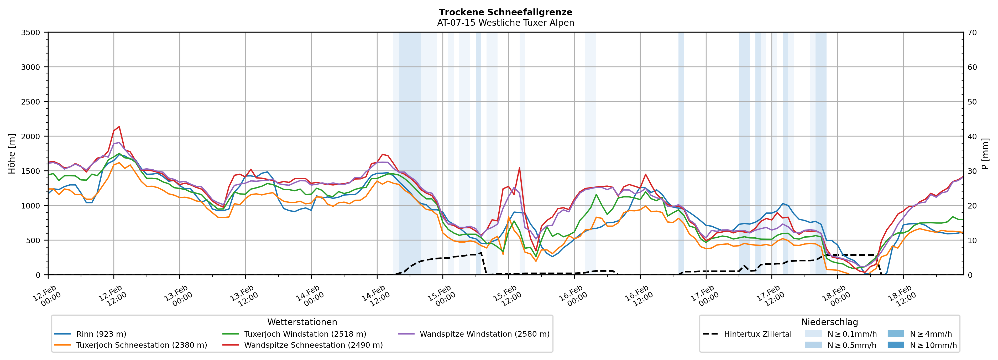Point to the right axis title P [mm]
985,153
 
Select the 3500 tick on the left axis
31,33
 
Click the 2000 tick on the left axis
31,136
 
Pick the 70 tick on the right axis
972,33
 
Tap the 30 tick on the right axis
972,171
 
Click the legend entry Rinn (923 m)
101,334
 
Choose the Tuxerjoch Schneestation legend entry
142,345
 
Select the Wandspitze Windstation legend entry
484,334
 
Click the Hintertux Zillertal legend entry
757,334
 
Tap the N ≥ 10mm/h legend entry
933,345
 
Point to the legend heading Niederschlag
829,322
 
